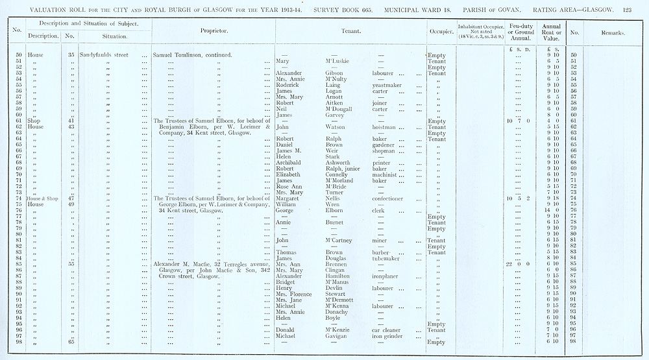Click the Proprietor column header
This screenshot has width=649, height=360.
tap(212, 30)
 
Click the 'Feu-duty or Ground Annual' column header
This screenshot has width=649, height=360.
tap(521, 31)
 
